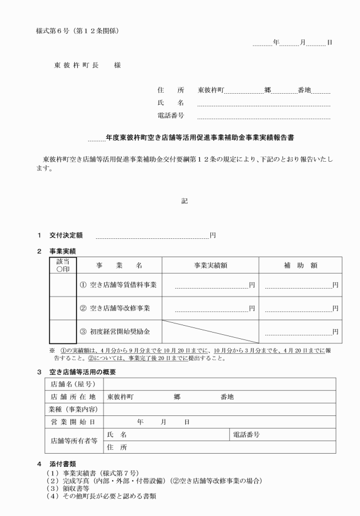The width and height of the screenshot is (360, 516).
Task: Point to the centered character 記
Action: (184, 201)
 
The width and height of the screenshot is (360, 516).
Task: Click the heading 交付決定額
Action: (66, 235)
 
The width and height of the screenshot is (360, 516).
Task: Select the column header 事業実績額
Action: (211, 266)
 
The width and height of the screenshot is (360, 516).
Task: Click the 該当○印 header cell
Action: (63, 266)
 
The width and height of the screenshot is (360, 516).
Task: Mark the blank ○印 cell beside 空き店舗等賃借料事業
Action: (63, 285)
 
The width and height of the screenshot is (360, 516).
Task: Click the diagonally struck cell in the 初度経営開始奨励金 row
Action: (211, 331)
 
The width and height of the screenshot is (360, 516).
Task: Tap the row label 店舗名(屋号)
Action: (73, 384)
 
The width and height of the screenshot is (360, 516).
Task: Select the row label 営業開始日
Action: (73, 422)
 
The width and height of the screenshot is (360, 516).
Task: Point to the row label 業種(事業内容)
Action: (73, 409)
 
